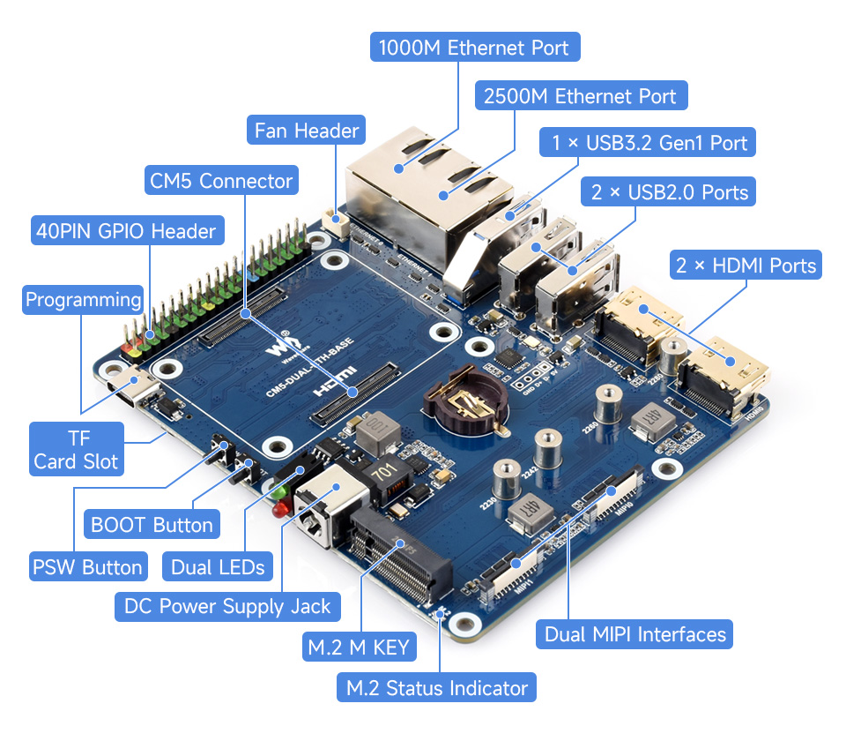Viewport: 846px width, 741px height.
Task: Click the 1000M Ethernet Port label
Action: pyautogui.click(x=475, y=47)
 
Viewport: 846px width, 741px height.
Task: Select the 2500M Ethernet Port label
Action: pyautogui.click(x=580, y=96)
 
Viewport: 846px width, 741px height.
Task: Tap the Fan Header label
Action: pyautogui.click(x=306, y=131)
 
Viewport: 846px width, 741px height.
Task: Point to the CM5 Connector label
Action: pyautogui.click(x=220, y=182)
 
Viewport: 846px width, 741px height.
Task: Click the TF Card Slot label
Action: pyautogui.click(x=76, y=448)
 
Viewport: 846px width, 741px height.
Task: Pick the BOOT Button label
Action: pyautogui.click(x=152, y=525)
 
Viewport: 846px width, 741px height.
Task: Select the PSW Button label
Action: pyautogui.click(x=86, y=566)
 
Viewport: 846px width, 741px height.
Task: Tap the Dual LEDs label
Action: pyautogui.click(x=218, y=567)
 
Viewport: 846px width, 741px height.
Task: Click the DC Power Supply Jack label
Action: pyautogui.click(x=227, y=606)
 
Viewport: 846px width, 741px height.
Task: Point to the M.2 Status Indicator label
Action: pyautogui.click(x=436, y=688)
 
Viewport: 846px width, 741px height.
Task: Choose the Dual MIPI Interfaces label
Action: pyautogui.click(x=634, y=633)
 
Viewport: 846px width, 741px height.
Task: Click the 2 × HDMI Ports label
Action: pyautogui.click(x=746, y=265)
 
